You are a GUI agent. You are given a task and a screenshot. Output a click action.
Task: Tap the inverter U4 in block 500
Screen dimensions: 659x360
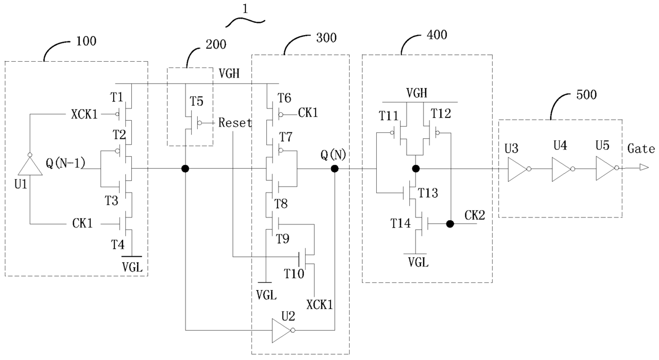[563, 169]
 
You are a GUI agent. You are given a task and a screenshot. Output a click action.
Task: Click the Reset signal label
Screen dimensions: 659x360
[235, 123]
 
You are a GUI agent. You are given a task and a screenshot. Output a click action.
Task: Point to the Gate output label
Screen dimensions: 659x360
[641, 149]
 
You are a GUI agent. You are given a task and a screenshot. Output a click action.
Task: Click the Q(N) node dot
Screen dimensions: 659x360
[334, 169]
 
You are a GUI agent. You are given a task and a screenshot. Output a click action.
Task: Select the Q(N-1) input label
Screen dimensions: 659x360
[65, 163]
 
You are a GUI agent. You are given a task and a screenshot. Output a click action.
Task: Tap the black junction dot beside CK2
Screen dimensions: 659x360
[450, 224]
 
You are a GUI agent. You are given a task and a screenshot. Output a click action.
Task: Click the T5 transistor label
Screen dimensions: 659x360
[196, 101]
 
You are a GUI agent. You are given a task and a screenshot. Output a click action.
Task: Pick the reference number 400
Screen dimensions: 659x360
[437, 35]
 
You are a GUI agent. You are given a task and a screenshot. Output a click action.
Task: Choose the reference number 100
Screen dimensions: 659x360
[86, 41]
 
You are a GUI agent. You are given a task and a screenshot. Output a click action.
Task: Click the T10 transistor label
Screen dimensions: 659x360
[294, 274]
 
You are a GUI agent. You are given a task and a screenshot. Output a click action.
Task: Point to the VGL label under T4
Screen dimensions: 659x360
[132, 267]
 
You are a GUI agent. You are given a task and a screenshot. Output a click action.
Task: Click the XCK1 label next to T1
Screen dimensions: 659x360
[84, 114]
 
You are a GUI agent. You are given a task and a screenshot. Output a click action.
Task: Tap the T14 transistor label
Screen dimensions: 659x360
[400, 223]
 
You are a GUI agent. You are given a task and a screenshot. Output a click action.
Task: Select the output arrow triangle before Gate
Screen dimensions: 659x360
[644, 168]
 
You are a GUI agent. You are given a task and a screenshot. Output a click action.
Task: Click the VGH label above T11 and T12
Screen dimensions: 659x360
[417, 93]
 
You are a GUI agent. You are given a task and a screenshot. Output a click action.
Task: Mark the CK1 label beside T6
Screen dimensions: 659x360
[308, 113]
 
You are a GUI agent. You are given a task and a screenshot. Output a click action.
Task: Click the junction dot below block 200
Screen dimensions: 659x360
[185, 169]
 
